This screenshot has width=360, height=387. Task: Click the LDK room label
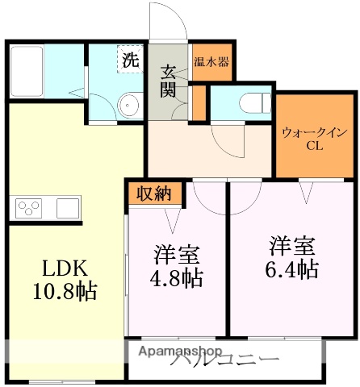click(55, 268)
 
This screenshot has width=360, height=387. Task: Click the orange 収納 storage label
click(153, 193)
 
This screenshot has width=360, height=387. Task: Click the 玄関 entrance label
click(168, 79)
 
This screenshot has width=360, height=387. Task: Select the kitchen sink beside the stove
click(67, 209)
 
